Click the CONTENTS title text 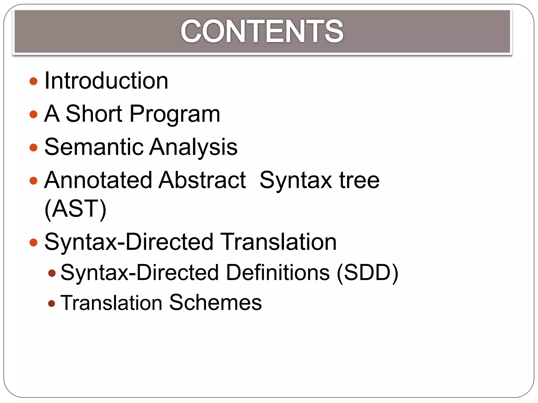pyautogui.click(x=262, y=31)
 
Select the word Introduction pyautogui.click(x=106, y=81)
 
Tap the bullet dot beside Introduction pyautogui.click(x=34, y=81)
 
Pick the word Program pyautogui.click(x=175, y=114)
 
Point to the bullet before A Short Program pyautogui.click(x=34, y=114)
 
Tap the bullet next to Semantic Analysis pyautogui.click(x=34, y=147)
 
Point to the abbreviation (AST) pyautogui.click(x=75, y=209)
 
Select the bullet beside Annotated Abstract pyautogui.click(x=34, y=181)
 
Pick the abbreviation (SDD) pyautogui.click(x=368, y=273)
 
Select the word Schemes pyautogui.click(x=215, y=303)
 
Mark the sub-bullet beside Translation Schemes pyautogui.click(x=52, y=304)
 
